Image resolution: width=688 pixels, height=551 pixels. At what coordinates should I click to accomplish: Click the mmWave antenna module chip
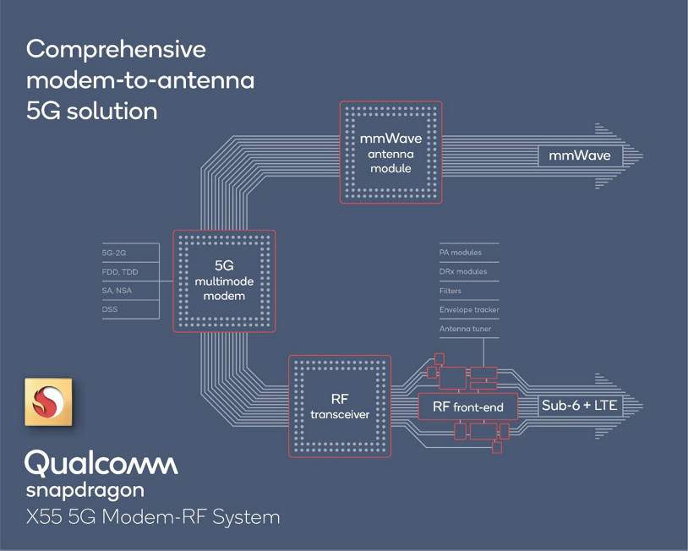click(x=390, y=152)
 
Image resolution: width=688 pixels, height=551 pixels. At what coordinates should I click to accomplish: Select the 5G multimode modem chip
click(x=224, y=280)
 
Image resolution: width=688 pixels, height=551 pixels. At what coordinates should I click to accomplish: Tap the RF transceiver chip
click(x=340, y=406)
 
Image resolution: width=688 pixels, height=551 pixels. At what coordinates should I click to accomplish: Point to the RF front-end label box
click(x=467, y=407)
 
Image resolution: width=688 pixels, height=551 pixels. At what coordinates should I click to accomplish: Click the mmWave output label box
click(x=579, y=156)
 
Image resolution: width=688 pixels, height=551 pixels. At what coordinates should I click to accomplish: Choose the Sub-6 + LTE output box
click(x=580, y=406)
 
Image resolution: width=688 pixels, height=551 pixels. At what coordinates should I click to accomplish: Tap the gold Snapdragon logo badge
click(x=47, y=403)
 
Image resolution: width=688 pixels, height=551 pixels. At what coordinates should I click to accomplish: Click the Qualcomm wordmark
click(x=101, y=463)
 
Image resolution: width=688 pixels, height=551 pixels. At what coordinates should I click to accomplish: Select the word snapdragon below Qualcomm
click(x=85, y=489)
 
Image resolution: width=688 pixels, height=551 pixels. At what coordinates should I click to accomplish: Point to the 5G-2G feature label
click(x=114, y=253)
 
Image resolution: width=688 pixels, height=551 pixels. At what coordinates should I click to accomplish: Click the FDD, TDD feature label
click(x=119, y=272)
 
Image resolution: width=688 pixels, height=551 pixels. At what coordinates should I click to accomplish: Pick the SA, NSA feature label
click(x=117, y=292)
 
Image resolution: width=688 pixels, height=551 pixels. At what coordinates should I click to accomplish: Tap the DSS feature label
click(x=110, y=310)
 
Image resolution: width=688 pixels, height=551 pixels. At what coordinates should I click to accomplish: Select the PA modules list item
click(x=461, y=253)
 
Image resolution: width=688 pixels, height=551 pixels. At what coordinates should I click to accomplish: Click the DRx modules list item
click(x=463, y=272)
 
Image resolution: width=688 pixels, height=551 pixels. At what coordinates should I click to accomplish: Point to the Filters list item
click(x=450, y=292)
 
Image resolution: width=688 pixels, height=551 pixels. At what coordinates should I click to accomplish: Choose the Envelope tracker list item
click(x=469, y=310)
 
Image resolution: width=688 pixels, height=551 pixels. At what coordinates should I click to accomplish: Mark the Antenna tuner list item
click(x=464, y=330)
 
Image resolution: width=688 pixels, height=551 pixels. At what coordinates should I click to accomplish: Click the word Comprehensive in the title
click(x=116, y=49)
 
